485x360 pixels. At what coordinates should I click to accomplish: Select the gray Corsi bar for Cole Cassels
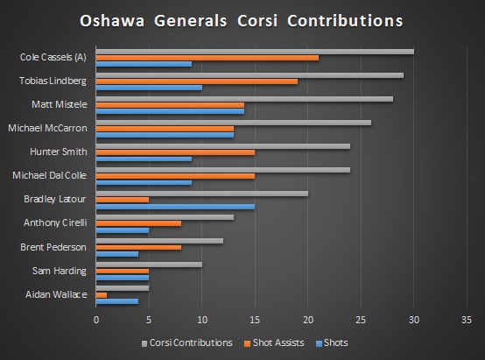click(254, 52)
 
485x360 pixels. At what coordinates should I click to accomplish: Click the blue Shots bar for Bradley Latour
click(175, 207)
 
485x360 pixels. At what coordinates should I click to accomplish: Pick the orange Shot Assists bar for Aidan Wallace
click(101, 294)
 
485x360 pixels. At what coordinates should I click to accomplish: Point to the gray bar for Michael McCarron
click(233, 123)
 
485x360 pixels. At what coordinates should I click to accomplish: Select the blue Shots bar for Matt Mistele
click(170, 111)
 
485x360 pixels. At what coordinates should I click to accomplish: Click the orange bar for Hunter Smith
click(175, 152)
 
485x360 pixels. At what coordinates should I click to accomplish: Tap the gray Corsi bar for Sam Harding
click(149, 265)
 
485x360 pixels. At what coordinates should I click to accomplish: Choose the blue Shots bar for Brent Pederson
click(116, 254)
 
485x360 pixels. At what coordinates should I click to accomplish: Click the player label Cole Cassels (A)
click(53, 58)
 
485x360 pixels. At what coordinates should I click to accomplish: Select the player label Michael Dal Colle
click(49, 176)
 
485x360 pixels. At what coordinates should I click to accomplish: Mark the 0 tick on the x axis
click(95, 319)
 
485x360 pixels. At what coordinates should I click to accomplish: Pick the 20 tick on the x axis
click(307, 319)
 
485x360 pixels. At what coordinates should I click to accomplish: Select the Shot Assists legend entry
click(276, 342)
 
